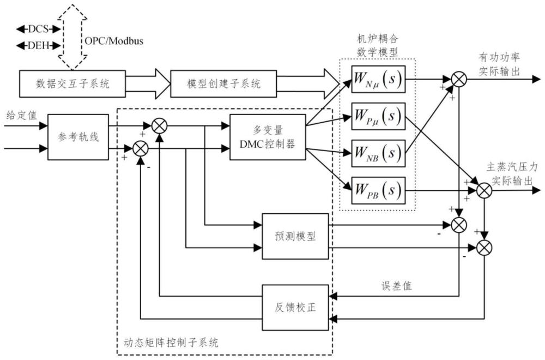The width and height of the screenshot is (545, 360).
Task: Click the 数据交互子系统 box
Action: [x=72, y=83]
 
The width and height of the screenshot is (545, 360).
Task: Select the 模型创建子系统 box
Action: [x=223, y=83]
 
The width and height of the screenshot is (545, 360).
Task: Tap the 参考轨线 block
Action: [x=78, y=137]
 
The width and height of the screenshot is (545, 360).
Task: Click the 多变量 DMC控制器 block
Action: [x=268, y=137]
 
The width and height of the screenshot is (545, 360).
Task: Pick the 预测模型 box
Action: [x=295, y=236]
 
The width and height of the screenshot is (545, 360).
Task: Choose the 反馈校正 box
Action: [x=295, y=308]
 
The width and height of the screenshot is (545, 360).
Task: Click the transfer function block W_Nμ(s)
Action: [x=378, y=79]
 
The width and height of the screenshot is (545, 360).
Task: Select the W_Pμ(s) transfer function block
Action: [x=378, y=116]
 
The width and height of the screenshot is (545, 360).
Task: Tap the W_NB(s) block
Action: [x=378, y=153]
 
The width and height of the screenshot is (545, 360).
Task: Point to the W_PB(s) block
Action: [x=378, y=190]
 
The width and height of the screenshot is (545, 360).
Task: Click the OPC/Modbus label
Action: [x=114, y=41]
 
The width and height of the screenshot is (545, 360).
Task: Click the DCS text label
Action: [x=38, y=29]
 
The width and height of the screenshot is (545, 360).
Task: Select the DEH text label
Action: [x=38, y=46]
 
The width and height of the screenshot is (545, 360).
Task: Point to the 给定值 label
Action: [x=22, y=115]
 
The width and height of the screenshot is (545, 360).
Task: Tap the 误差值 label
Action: [x=397, y=286]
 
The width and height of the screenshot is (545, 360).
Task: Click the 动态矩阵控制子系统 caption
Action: [x=171, y=343]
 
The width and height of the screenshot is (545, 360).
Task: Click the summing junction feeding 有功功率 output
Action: [x=459, y=79]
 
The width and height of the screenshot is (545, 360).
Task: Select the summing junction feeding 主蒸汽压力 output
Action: [x=484, y=190]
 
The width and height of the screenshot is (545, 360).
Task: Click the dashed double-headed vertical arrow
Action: [x=72, y=37]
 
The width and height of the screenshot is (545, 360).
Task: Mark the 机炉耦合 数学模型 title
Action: [x=378, y=45]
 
